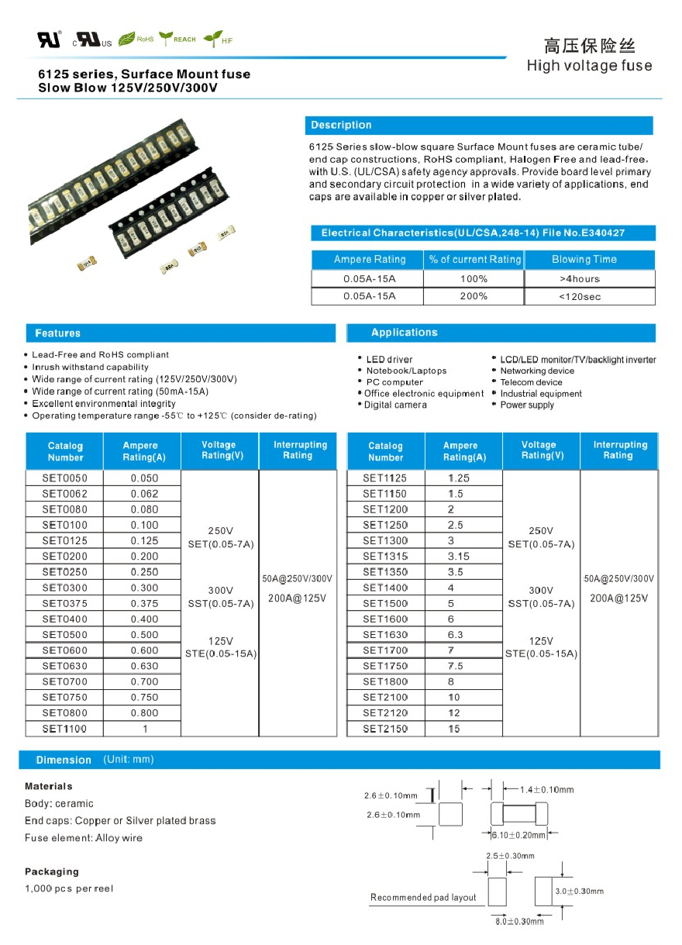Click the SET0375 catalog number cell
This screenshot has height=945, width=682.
pyautogui.click(x=65, y=603)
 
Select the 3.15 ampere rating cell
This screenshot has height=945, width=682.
pyautogui.click(x=459, y=556)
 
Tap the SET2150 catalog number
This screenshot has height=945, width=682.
pyautogui.click(x=385, y=729)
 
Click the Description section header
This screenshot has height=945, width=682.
pyautogui.click(x=341, y=126)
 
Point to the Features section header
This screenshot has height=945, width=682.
pyautogui.click(x=58, y=333)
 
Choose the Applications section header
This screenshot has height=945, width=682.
pyautogui.click(x=404, y=333)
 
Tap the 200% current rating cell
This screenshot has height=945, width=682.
pyautogui.click(x=473, y=296)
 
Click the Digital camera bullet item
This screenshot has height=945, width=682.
pyautogui.click(x=395, y=405)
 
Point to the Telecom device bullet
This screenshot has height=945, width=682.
pyautogui.click(x=531, y=382)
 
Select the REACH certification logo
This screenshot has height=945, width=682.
pyautogui.click(x=177, y=39)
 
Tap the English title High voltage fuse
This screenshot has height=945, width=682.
pyautogui.click(x=589, y=66)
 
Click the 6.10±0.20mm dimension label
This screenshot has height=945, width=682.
pyautogui.click(x=520, y=835)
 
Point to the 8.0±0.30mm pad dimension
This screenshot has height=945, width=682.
pyautogui.click(x=519, y=921)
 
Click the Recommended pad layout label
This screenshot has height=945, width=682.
pyautogui.click(x=423, y=897)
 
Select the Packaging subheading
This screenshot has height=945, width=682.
pyautogui.click(x=52, y=871)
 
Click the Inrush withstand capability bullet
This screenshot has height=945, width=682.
pyautogui.click(x=90, y=367)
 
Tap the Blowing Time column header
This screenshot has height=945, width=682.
pyautogui.click(x=584, y=259)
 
